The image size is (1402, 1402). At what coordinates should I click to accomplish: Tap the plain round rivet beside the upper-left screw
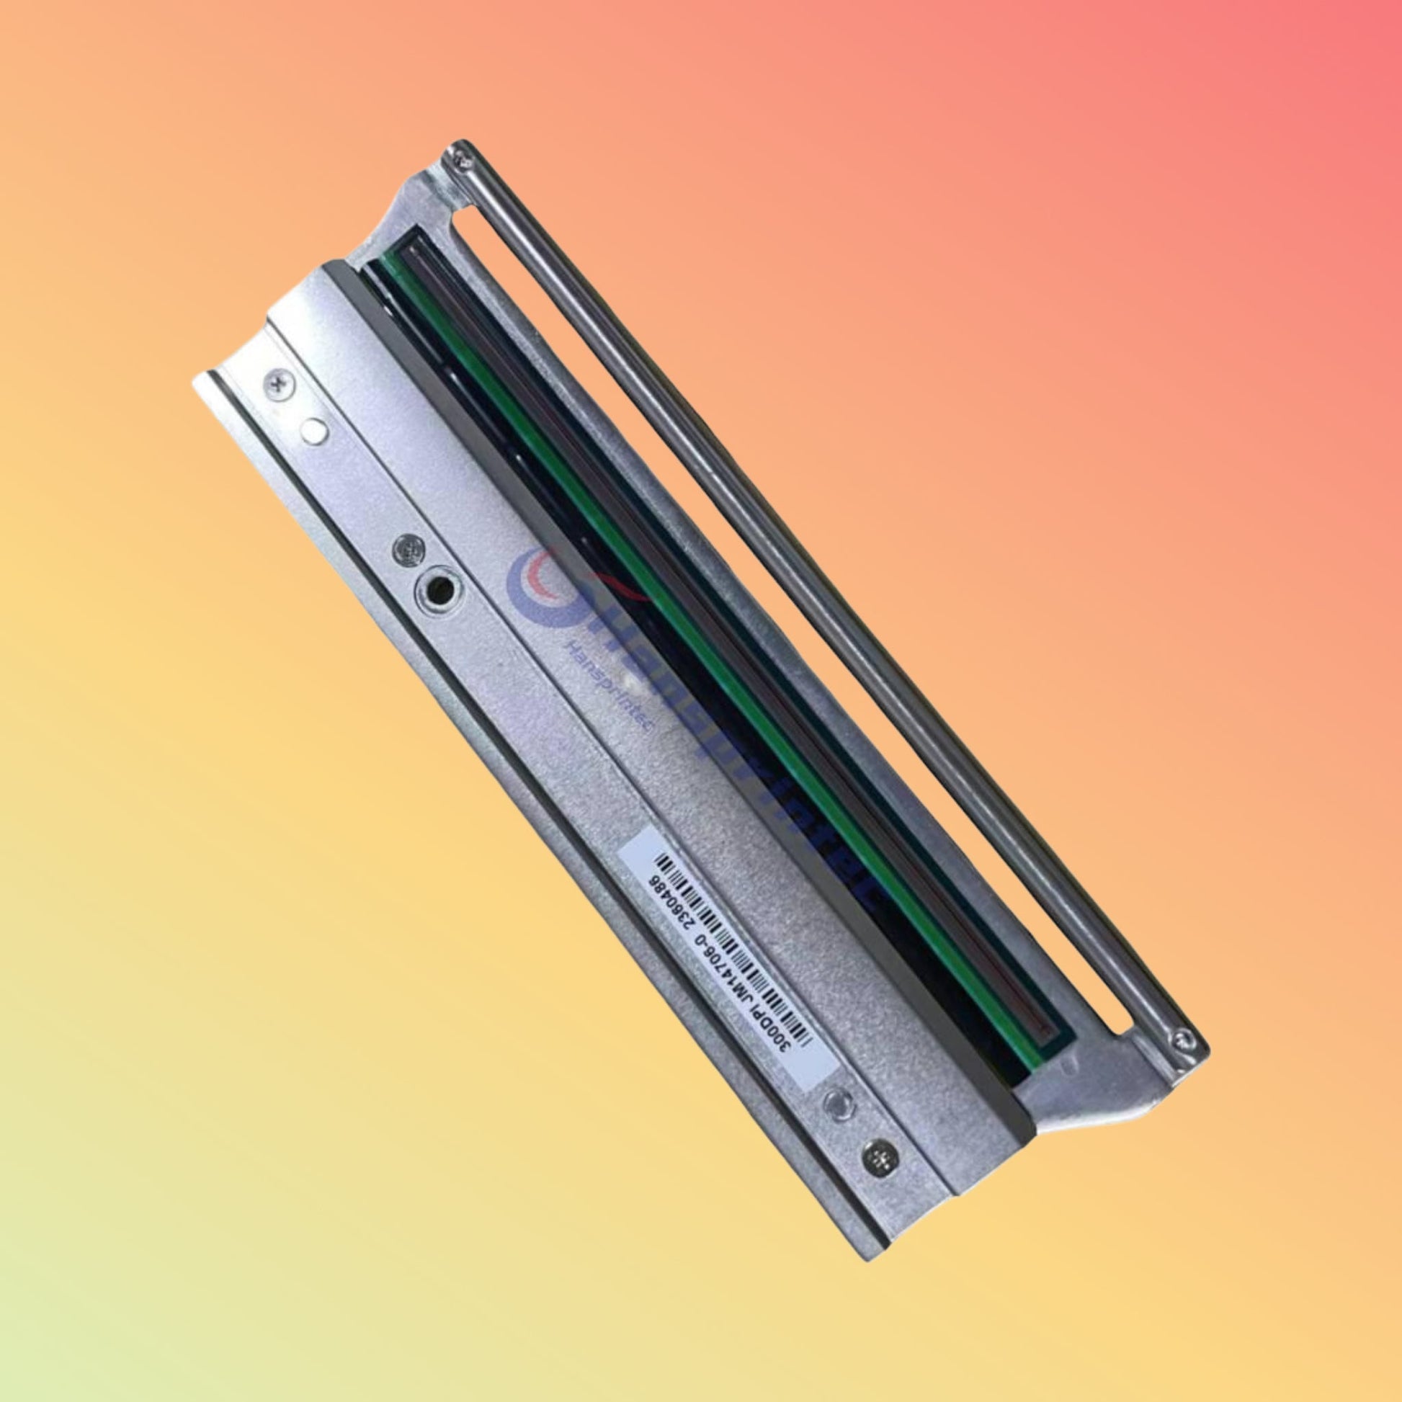313,429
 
